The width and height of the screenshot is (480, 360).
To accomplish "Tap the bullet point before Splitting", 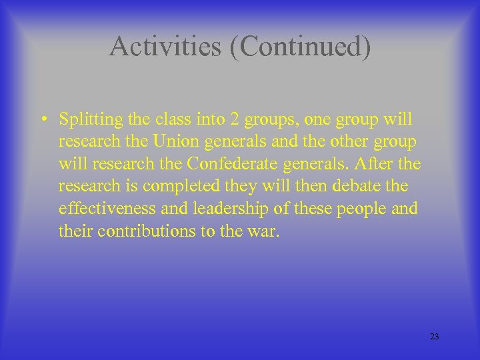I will click(42, 121).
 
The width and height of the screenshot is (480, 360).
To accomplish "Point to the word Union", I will click(175, 142).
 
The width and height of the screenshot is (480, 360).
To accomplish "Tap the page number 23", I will click(435, 337).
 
